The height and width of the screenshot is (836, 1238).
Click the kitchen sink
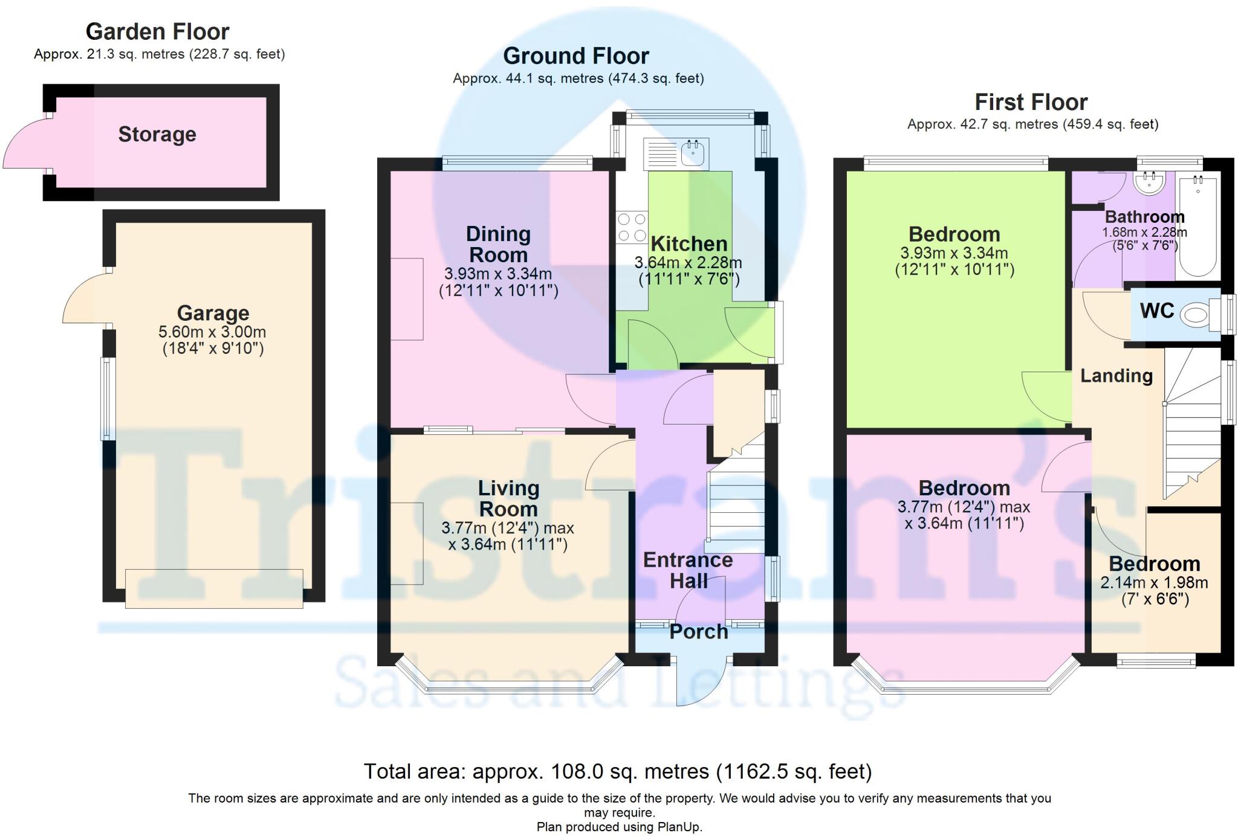(x=676, y=154)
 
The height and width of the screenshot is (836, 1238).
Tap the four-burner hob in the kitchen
(x=632, y=227)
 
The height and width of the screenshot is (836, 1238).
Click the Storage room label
(x=157, y=134)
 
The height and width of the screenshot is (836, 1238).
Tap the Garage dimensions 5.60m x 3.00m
(x=212, y=332)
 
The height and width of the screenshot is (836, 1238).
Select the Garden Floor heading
(x=158, y=31)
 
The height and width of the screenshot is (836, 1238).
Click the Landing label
(x=1116, y=376)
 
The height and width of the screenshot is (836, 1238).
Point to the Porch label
(x=699, y=632)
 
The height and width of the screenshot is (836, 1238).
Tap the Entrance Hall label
(x=688, y=570)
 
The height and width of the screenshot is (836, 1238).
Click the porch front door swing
(x=701, y=681)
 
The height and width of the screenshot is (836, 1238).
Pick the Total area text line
(x=618, y=771)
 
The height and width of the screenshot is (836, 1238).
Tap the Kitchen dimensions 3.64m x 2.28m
(x=688, y=263)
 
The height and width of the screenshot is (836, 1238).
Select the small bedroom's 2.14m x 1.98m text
(x=1154, y=583)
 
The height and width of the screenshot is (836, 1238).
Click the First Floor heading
(x=1031, y=102)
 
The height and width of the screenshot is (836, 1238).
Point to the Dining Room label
(x=498, y=244)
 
